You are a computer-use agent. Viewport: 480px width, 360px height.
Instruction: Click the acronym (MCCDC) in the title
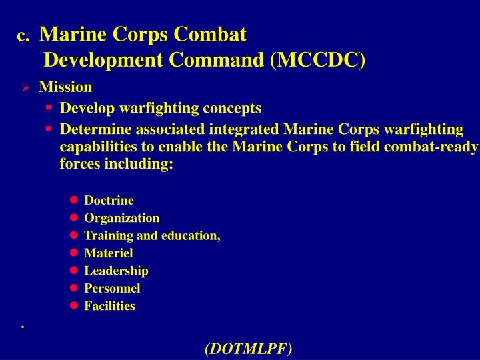coord(318,60)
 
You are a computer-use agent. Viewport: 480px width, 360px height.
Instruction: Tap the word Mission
coord(65,87)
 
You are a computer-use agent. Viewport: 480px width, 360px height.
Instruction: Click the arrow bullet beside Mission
coord(25,87)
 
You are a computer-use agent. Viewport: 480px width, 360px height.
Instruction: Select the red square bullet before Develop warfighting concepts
coord(49,107)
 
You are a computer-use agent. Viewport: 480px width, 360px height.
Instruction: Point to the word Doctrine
coord(109,200)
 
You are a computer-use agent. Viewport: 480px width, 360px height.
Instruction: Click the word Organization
coord(121,217)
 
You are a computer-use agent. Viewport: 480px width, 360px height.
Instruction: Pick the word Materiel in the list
coord(108,253)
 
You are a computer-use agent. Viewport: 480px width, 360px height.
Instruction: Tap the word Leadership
coord(116,271)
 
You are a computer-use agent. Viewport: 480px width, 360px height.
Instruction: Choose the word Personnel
coord(112,288)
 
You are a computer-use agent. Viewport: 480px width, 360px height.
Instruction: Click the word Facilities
coord(109,306)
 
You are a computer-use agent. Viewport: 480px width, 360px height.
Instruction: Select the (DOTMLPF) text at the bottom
coord(248,348)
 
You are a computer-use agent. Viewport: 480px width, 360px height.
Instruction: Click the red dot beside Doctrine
coord(73,200)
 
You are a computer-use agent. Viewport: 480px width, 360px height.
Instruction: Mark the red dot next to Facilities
coord(73,306)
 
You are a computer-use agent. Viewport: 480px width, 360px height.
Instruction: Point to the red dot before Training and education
coord(73,235)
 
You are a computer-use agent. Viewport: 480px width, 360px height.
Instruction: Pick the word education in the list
coord(195,235)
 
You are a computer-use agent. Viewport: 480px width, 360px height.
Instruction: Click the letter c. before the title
coord(23,35)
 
